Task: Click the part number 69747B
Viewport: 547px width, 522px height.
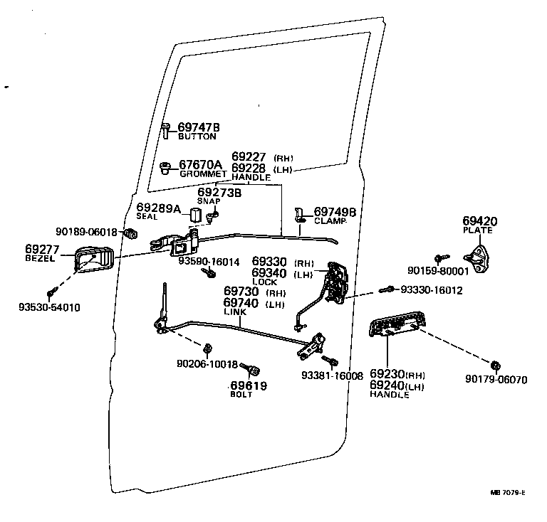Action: click(x=199, y=127)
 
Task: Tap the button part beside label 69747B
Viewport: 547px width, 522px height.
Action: click(x=166, y=130)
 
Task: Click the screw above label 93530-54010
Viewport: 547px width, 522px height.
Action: click(x=51, y=292)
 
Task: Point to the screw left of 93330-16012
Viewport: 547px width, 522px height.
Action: click(x=387, y=289)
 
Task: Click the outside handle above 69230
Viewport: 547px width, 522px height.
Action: click(x=396, y=327)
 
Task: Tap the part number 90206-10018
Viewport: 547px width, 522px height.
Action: click(x=207, y=364)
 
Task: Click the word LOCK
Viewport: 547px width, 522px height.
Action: click(x=264, y=282)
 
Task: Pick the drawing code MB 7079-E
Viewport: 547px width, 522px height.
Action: click(x=507, y=492)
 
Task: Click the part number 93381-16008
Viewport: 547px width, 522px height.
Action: click(x=332, y=375)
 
